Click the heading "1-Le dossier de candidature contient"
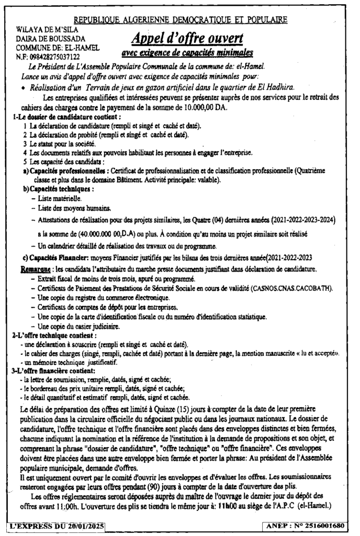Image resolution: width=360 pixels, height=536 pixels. [x=67, y=117]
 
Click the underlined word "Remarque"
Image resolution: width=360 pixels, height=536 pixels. [x=39, y=269]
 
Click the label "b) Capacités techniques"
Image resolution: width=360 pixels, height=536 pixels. [x=58, y=188]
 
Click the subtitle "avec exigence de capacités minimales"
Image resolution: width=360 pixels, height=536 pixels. [x=187, y=52]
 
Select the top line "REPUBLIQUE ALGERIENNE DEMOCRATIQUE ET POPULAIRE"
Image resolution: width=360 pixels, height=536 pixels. [x=181, y=19]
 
